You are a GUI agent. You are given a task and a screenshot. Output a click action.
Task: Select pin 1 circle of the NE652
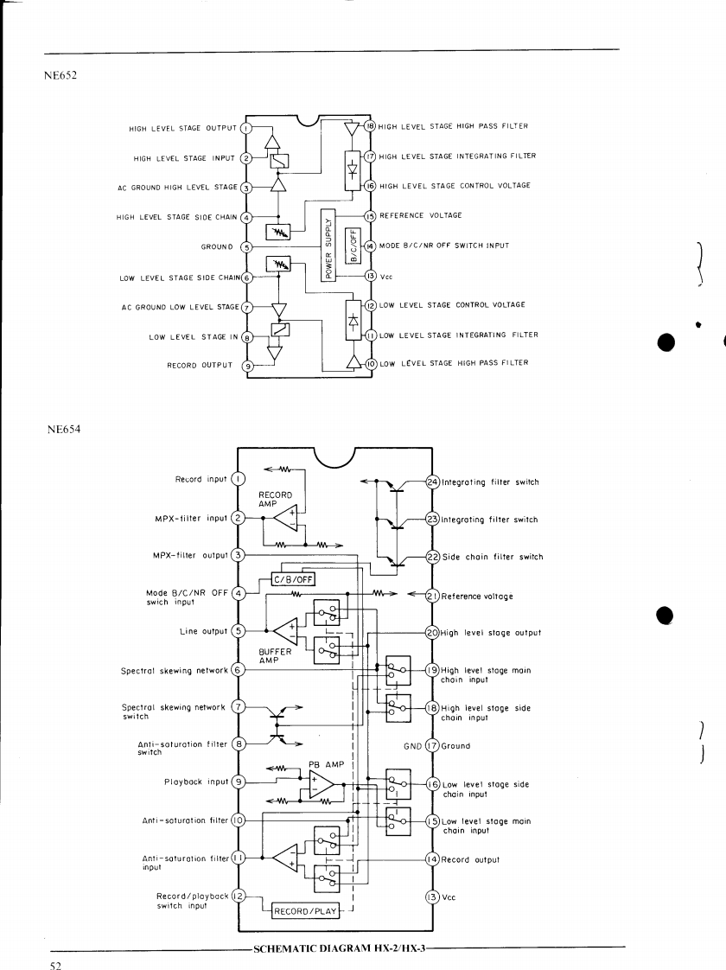pyautogui.click(x=245, y=129)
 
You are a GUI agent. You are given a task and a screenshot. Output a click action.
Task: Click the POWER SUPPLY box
pyautogui.click(x=328, y=245)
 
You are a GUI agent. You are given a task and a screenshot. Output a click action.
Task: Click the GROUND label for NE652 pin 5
pyautogui.click(x=217, y=246)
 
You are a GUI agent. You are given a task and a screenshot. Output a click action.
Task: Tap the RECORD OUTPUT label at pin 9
pyautogui.click(x=200, y=365)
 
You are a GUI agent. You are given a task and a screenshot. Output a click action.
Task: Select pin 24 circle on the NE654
pyautogui.click(x=434, y=482)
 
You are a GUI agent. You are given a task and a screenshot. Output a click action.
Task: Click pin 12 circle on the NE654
pyautogui.click(x=239, y=897)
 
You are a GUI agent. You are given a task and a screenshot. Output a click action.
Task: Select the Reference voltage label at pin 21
pyautogui.click(x=477, y=596)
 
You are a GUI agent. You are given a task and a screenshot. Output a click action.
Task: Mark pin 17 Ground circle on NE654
pyautogui.click(x=434, y=745)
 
